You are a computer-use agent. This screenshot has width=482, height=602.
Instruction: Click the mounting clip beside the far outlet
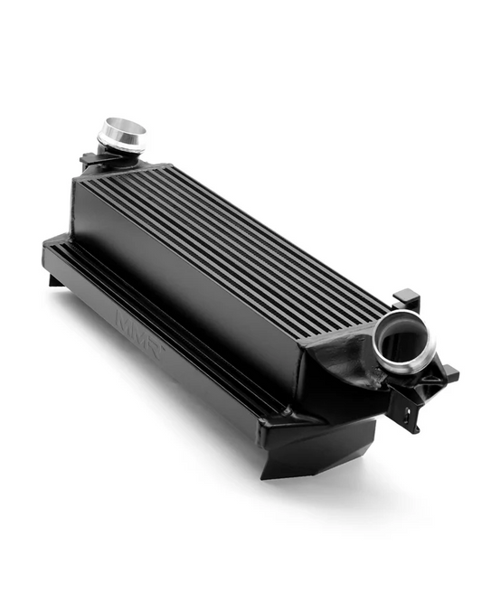coord(90,160)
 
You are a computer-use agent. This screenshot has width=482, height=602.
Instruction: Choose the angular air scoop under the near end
coord(307,452)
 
